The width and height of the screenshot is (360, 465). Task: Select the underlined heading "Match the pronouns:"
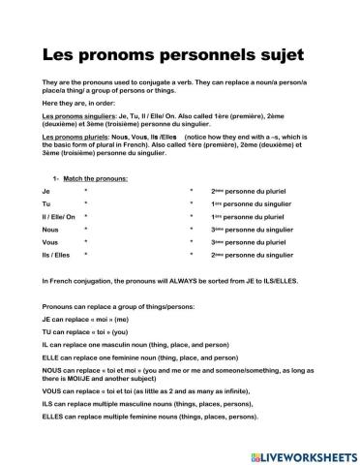pos(100,180)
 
